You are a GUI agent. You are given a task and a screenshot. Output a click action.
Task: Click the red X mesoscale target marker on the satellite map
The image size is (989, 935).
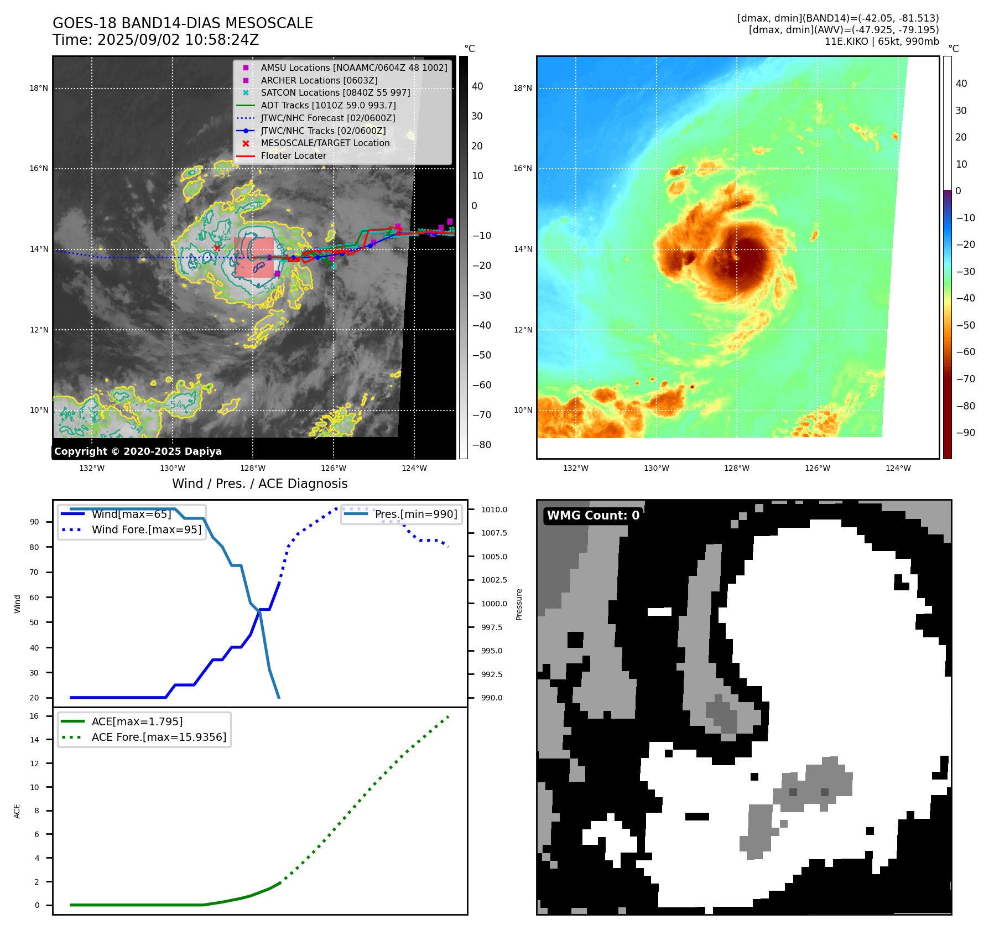217,248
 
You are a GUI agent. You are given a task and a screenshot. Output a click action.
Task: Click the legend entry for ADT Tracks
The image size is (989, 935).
328,105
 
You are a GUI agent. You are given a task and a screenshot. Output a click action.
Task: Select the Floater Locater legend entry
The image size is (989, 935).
293,155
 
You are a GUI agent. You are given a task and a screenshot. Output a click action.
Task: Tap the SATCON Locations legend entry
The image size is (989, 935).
335,92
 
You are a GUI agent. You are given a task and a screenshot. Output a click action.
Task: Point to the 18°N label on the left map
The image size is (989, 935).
39,88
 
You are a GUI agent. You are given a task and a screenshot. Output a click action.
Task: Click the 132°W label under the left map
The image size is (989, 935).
92,468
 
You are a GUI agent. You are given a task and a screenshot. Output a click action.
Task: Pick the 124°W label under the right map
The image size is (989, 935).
898,468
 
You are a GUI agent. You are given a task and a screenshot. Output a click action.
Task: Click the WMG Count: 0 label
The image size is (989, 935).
593,516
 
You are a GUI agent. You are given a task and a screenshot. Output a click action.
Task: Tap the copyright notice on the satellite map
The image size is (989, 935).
138,451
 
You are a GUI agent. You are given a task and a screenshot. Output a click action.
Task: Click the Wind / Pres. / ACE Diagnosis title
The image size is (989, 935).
260,484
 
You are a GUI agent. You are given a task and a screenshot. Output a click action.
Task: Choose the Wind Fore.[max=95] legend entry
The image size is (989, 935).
147,529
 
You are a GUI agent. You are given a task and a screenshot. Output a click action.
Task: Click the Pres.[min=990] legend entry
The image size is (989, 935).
416,514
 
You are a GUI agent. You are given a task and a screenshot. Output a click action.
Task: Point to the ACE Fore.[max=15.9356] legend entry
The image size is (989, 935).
159,737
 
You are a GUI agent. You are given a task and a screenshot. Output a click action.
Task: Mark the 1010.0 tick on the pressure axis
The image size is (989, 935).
494,510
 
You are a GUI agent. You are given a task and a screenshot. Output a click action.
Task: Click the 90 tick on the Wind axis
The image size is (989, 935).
34,522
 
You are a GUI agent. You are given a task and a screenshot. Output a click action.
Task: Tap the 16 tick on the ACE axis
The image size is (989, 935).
34,716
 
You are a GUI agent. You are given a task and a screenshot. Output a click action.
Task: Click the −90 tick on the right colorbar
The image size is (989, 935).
965,433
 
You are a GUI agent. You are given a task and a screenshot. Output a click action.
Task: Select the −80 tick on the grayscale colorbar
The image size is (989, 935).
481,445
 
